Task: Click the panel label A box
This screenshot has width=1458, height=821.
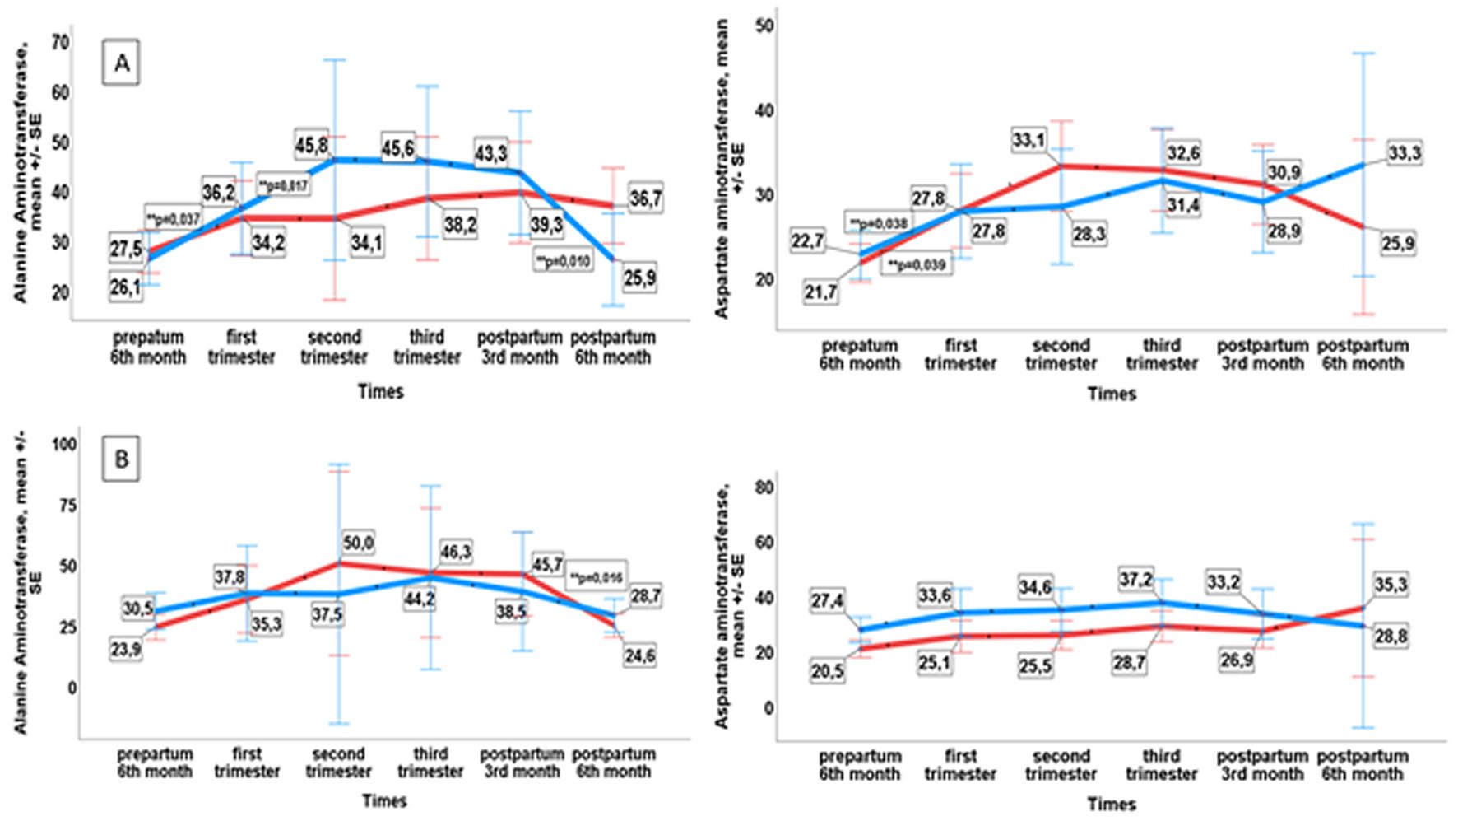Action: coord(121,63)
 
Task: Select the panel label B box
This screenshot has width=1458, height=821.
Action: coord(121,459)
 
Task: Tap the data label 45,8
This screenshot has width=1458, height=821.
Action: coord(312,146)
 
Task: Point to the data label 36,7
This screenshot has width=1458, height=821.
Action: coord(646,198)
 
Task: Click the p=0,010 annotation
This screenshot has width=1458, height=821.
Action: coord(563,261)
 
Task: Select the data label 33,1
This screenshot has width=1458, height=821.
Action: coord(1028,140)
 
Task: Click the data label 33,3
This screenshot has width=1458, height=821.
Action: coord(1404,153)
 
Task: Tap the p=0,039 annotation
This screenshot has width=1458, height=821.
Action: coord(917,265)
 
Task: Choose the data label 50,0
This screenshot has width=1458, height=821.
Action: coord(359,543)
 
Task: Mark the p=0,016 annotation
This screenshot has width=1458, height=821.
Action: coord(596,578)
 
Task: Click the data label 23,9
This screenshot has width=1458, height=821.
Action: coord(126,650)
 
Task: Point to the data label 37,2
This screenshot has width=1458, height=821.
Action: coord(1135,580)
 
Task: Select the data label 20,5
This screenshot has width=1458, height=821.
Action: coord(827,672)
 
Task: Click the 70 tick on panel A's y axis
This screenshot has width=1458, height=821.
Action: coord(60,42)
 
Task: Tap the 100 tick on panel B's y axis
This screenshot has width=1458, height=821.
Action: coord(64,445)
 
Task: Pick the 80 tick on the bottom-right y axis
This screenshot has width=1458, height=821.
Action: coord(764,487)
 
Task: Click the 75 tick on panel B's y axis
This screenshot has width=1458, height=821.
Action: coord(67,506)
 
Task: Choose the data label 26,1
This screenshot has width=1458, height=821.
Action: coord(125,288)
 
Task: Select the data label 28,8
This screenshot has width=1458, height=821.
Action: coord(1390,637)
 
